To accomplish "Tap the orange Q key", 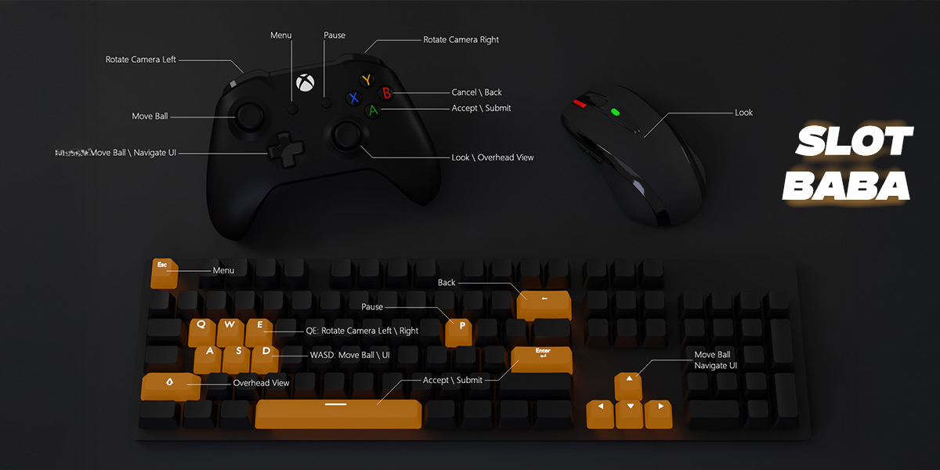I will tap(201, 330).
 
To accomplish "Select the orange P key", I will tap(459, 330).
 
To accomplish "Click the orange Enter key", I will tap(541, 358).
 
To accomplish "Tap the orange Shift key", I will tap(169, 385).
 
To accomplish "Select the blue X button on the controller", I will tap(354, 98).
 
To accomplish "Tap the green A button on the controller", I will tap(374, 110).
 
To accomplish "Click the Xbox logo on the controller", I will tap(304, 82).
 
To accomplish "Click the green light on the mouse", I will tap(616, 112).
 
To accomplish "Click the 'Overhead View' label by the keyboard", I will tap(261, 383).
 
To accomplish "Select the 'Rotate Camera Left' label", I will tap(141, 60).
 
